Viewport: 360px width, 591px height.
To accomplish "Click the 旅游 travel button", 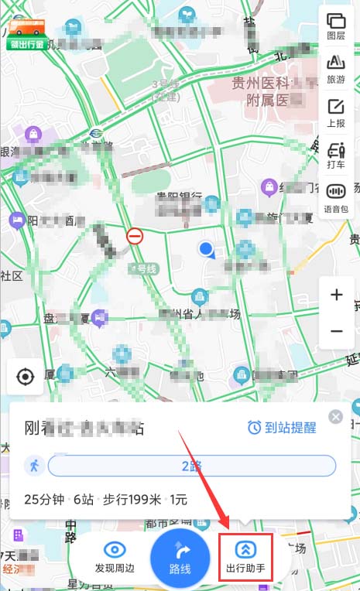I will pos(336,67).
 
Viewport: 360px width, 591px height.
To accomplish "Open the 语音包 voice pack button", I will pos(336,197).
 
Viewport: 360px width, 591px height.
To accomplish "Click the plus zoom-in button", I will pos(336,295).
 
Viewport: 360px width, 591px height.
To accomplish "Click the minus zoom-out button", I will pos(336,331).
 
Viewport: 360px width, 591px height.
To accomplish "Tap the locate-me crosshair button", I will pos(26,377).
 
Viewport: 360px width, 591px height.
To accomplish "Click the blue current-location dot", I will pos(206,249).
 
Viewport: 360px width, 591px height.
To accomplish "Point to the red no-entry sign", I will pos(135,236).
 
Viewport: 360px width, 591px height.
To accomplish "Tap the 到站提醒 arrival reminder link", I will pos(283,428).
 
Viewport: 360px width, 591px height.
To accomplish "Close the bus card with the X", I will pos(335,417).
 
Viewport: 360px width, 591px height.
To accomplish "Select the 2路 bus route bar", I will pos(192,466).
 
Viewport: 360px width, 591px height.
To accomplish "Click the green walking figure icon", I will pos(34,466).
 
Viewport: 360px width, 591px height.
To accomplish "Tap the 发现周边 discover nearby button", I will pos(115,557).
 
